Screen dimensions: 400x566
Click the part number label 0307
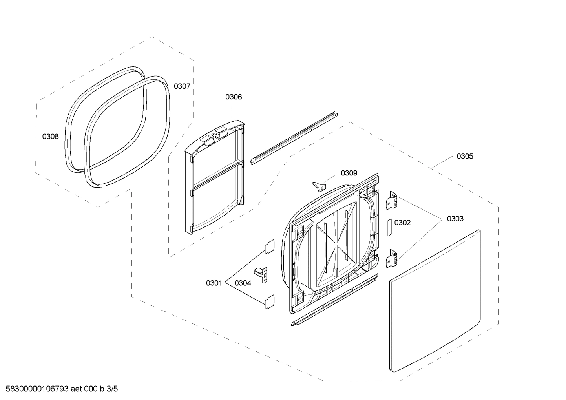click(182, 86)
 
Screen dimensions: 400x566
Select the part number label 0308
click(50, 137)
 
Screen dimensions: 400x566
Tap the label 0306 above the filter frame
click(234, 97)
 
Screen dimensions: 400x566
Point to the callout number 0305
click(465, 156)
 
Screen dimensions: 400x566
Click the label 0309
click(349, 173)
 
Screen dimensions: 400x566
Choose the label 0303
click(455, 219)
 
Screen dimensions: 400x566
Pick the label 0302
click(402, 223)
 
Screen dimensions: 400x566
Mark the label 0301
click(214, 283)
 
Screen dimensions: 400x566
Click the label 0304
click(243, 283)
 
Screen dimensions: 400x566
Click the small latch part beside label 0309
click(319, 185)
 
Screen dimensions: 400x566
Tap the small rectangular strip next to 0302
click(390, 227)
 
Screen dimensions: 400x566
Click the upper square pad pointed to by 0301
click(269, 247)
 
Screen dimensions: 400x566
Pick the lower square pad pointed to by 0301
click(269, 301)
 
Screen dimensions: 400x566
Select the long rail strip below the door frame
click(334, 300)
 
